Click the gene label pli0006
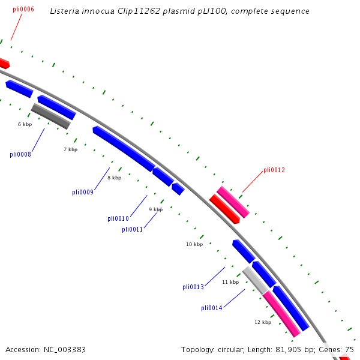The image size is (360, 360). click(23, 10)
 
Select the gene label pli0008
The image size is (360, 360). click(20, 154)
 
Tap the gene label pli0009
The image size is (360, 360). click(83, 192)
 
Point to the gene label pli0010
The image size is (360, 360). click(118, 218)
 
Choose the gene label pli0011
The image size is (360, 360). click(133, 229)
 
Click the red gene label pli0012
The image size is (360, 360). click(274, 170)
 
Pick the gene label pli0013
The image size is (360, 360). click(193, 287)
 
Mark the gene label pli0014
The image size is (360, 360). click(212, 308)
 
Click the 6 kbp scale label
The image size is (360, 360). click(25, 124)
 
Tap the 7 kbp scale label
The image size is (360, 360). click(70, 149)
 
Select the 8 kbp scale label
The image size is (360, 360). click(114, 178)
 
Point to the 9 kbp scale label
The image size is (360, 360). click(155, 209)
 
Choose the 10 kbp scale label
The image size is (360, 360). click(194, 244)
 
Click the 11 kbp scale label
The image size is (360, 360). click(230, 282)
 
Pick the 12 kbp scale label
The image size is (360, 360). click(263, 322)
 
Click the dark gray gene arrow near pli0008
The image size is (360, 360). click(50, 116)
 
